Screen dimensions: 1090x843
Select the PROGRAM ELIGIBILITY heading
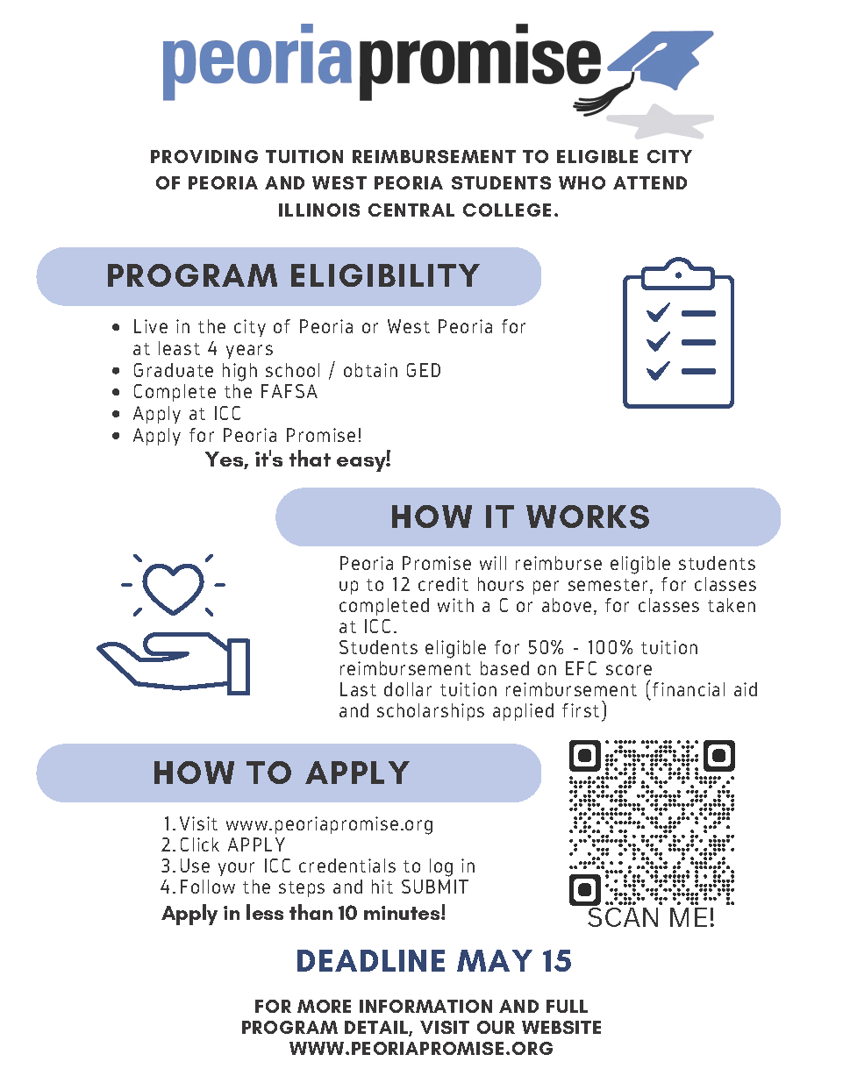point(293,276)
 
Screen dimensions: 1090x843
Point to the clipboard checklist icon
point(678,334)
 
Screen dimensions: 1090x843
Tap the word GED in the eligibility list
point(423,371)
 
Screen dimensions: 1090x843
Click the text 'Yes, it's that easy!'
point(298,460)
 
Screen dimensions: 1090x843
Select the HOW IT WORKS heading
point(520,517)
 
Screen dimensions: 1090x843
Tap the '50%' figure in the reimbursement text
point(546,648)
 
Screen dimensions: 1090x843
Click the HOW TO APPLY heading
point(281,773)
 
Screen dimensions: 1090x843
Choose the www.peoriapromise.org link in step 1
point(330,824)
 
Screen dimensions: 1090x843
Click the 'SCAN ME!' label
point(651,918)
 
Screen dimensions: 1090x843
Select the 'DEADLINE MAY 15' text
point(433,961)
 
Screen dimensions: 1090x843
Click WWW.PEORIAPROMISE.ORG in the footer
point(421,1049)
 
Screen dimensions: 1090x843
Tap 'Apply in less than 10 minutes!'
point(304,914)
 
